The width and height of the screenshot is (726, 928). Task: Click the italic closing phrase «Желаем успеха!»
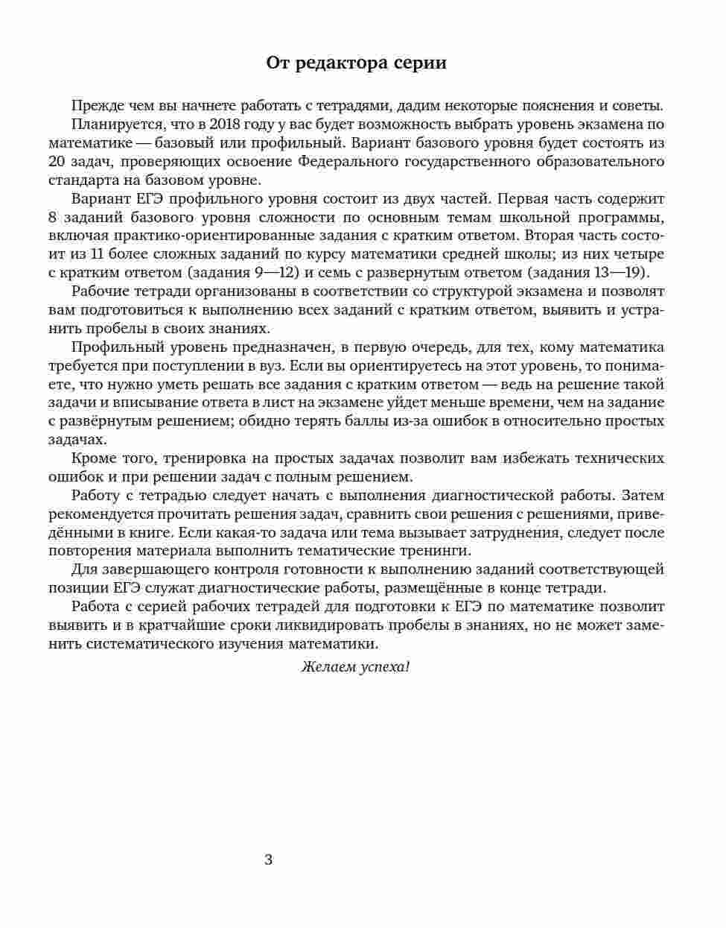356,667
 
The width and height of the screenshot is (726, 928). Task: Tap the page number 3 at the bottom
269,859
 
